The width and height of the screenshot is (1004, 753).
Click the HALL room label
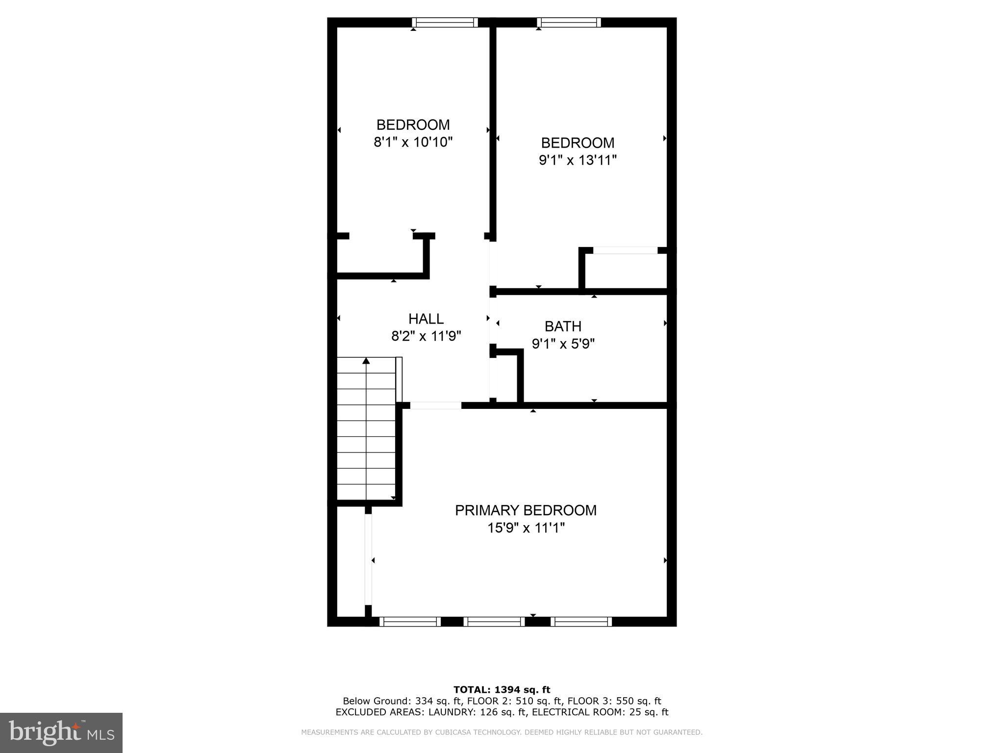click(426, 319)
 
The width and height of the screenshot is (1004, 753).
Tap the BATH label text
click(563, 326)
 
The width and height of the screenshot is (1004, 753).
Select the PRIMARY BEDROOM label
click(526, 510)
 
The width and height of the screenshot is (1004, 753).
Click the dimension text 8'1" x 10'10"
click(413, 142)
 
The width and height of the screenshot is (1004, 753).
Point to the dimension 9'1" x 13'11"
click(577, 160)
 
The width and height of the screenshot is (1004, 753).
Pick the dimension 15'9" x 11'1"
click(526, 528)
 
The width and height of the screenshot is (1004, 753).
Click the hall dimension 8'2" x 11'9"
click(426, 336)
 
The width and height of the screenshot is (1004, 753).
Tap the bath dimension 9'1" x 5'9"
click(563, 344)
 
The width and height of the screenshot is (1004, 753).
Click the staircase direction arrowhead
click(366, 361)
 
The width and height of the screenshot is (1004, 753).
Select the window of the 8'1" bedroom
click(445, 22)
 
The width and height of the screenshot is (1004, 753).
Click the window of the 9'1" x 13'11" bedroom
click(569, 22)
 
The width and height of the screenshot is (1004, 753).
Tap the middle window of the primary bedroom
click(494, 622)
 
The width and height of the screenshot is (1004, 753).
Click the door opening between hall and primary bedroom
click(435, 405)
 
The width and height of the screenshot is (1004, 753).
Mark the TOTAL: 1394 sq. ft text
click(502, 690)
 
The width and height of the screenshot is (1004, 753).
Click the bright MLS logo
click(61, 732)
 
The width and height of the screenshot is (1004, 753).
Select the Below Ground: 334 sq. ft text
click(402, 701)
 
